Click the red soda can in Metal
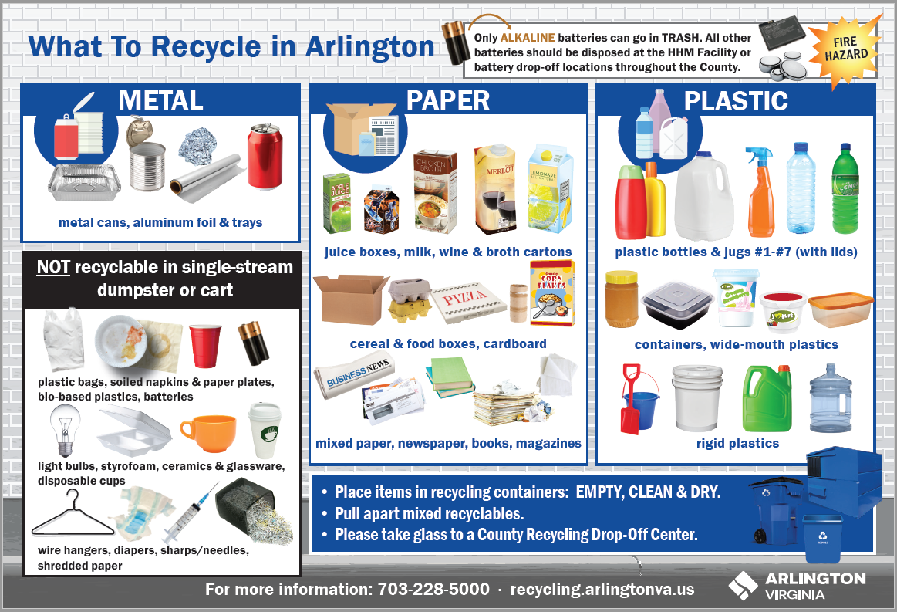click(x=265, y=156)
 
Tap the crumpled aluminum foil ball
click(x=197, y=147)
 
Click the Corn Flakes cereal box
click(x=552, y=293)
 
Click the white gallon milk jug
click(x=703, y=195)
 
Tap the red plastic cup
click(x=205, y=346)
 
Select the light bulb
click(x=66, y=429)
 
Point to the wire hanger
click(x=73, y=514)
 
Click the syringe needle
click(x=190, y=513)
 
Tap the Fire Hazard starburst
click(x=845, y=49)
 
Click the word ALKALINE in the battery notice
click(x=528, y=38)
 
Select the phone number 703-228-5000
click(x=433, y=589)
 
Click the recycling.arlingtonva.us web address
click(x=602, y=589)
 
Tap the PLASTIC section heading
click(x=736, y=101)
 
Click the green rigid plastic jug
click(x=767, y=398)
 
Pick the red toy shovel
click(x=630, y=400)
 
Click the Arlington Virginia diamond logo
click(x=743, y=586)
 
